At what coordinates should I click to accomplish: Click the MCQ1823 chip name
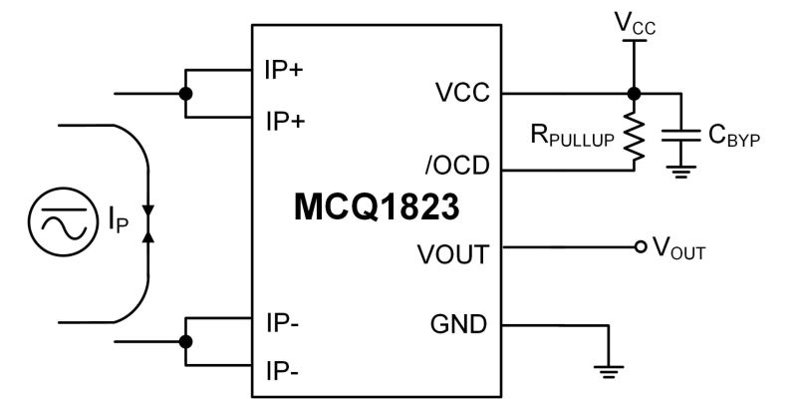click(x=378, y=208)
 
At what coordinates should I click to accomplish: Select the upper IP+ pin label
click(x=284, y=71)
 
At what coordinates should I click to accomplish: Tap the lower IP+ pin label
click(x=284, y=121)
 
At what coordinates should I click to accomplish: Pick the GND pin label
click(x=458, y=324)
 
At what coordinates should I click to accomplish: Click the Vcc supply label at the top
click(x=635, y=21)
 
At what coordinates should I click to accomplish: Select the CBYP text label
click(x=733, y=136)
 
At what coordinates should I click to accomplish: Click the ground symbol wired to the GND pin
click(x=608, y=372)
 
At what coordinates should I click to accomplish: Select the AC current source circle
click(x=62, y=222)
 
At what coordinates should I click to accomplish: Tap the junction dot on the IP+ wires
click(x=184, y=94)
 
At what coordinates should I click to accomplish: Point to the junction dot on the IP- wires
click(x=184, y=341)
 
